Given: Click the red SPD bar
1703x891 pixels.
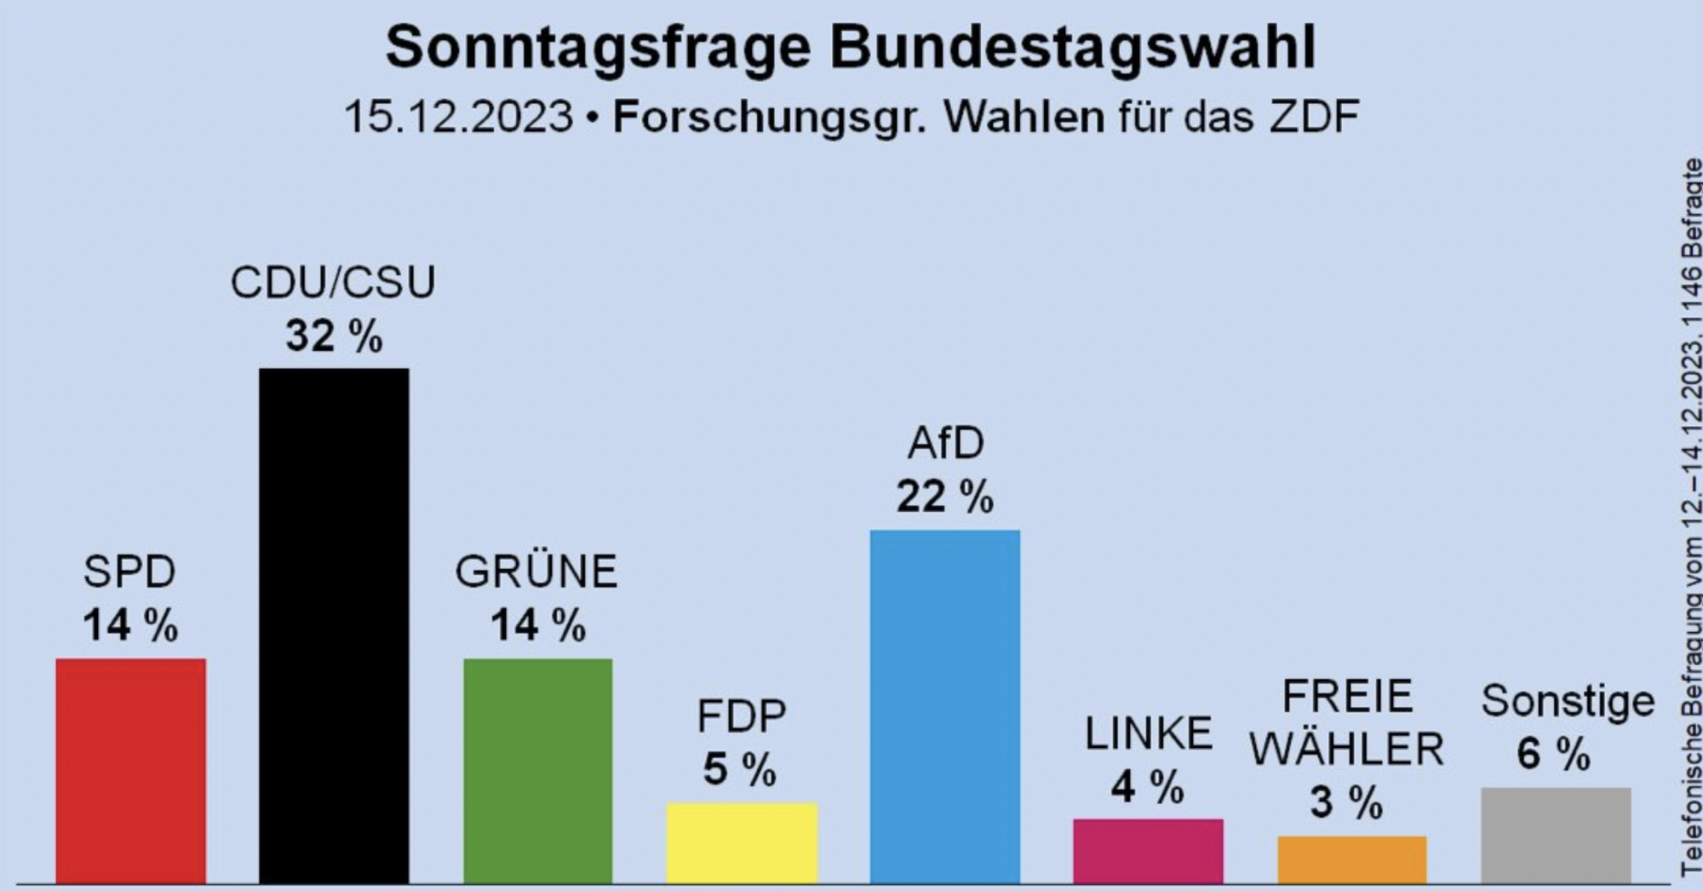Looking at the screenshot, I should (130, 770).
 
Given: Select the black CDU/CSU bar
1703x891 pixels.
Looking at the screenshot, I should (334, 625).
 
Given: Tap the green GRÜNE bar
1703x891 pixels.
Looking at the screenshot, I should (537, 770).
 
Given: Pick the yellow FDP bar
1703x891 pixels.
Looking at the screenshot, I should (742, 842).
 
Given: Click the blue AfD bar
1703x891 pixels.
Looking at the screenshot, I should (944, 706).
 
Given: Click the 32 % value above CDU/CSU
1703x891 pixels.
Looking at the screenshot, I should (334, 336).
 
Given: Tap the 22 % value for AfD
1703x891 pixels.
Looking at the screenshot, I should (944, 497).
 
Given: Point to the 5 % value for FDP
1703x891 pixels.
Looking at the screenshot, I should (739, 770).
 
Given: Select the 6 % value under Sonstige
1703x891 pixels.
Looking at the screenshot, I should (1553, 754).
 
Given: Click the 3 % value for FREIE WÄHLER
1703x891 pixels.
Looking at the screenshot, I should (1346, 802).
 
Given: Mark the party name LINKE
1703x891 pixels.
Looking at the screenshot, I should (1148, 733).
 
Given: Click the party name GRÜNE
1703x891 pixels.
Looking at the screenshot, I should (536, 572).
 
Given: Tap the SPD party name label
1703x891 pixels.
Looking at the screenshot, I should (129, 572).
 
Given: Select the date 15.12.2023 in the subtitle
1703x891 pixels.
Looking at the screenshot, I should (458, 117).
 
